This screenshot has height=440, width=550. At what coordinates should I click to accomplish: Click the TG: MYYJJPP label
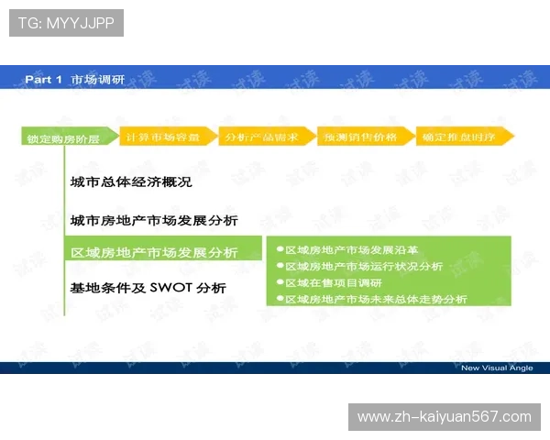[66, 22]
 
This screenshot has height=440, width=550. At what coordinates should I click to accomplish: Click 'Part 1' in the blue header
[43, 80]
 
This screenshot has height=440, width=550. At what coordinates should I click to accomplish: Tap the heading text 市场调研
[97, 80]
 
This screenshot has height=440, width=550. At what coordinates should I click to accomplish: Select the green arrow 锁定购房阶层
[66, 138]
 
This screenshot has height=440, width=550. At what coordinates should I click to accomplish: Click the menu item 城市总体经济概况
[131, 182]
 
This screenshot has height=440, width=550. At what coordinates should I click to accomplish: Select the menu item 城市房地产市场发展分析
[154, 221]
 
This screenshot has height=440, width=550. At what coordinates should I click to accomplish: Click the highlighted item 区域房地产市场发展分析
[154, 253]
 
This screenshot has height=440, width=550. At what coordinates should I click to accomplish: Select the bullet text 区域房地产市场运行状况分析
[363, 266]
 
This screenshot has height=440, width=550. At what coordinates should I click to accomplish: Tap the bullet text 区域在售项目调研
[333, 282]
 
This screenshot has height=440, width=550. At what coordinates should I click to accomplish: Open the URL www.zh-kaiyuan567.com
[444, 417]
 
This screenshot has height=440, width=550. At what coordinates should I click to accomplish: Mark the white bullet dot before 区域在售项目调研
[280, 282]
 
